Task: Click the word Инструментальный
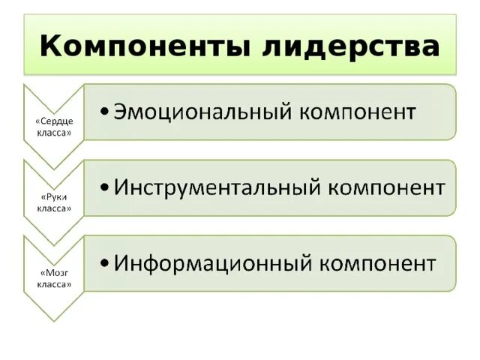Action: coord(215,187)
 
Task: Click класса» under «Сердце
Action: coord(54,133)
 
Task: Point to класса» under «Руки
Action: coord(54,208)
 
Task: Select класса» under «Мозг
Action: coord(54,284)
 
